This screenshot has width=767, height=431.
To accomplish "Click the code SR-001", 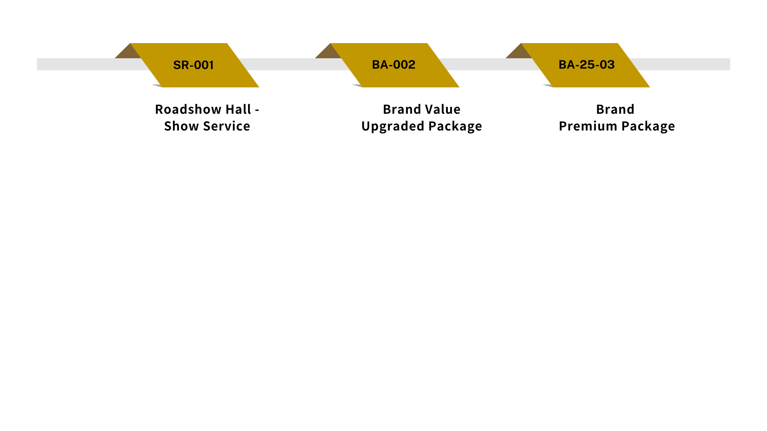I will tap(193, 65).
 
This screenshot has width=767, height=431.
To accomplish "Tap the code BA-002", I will tap(393, 65).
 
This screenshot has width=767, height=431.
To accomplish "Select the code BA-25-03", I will tap(586, 65).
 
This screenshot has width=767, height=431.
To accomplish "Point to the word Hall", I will tap(238, 109).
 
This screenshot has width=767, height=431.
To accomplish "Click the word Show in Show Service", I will tap(181, 126).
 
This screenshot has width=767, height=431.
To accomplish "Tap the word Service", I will tap(227, 126).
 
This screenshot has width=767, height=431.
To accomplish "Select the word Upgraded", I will tap(393, 127).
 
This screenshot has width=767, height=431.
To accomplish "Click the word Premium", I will tap(588, 127).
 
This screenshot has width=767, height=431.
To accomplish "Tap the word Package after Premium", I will tap(648, 127).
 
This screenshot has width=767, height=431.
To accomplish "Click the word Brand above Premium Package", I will tap(615, 109).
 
